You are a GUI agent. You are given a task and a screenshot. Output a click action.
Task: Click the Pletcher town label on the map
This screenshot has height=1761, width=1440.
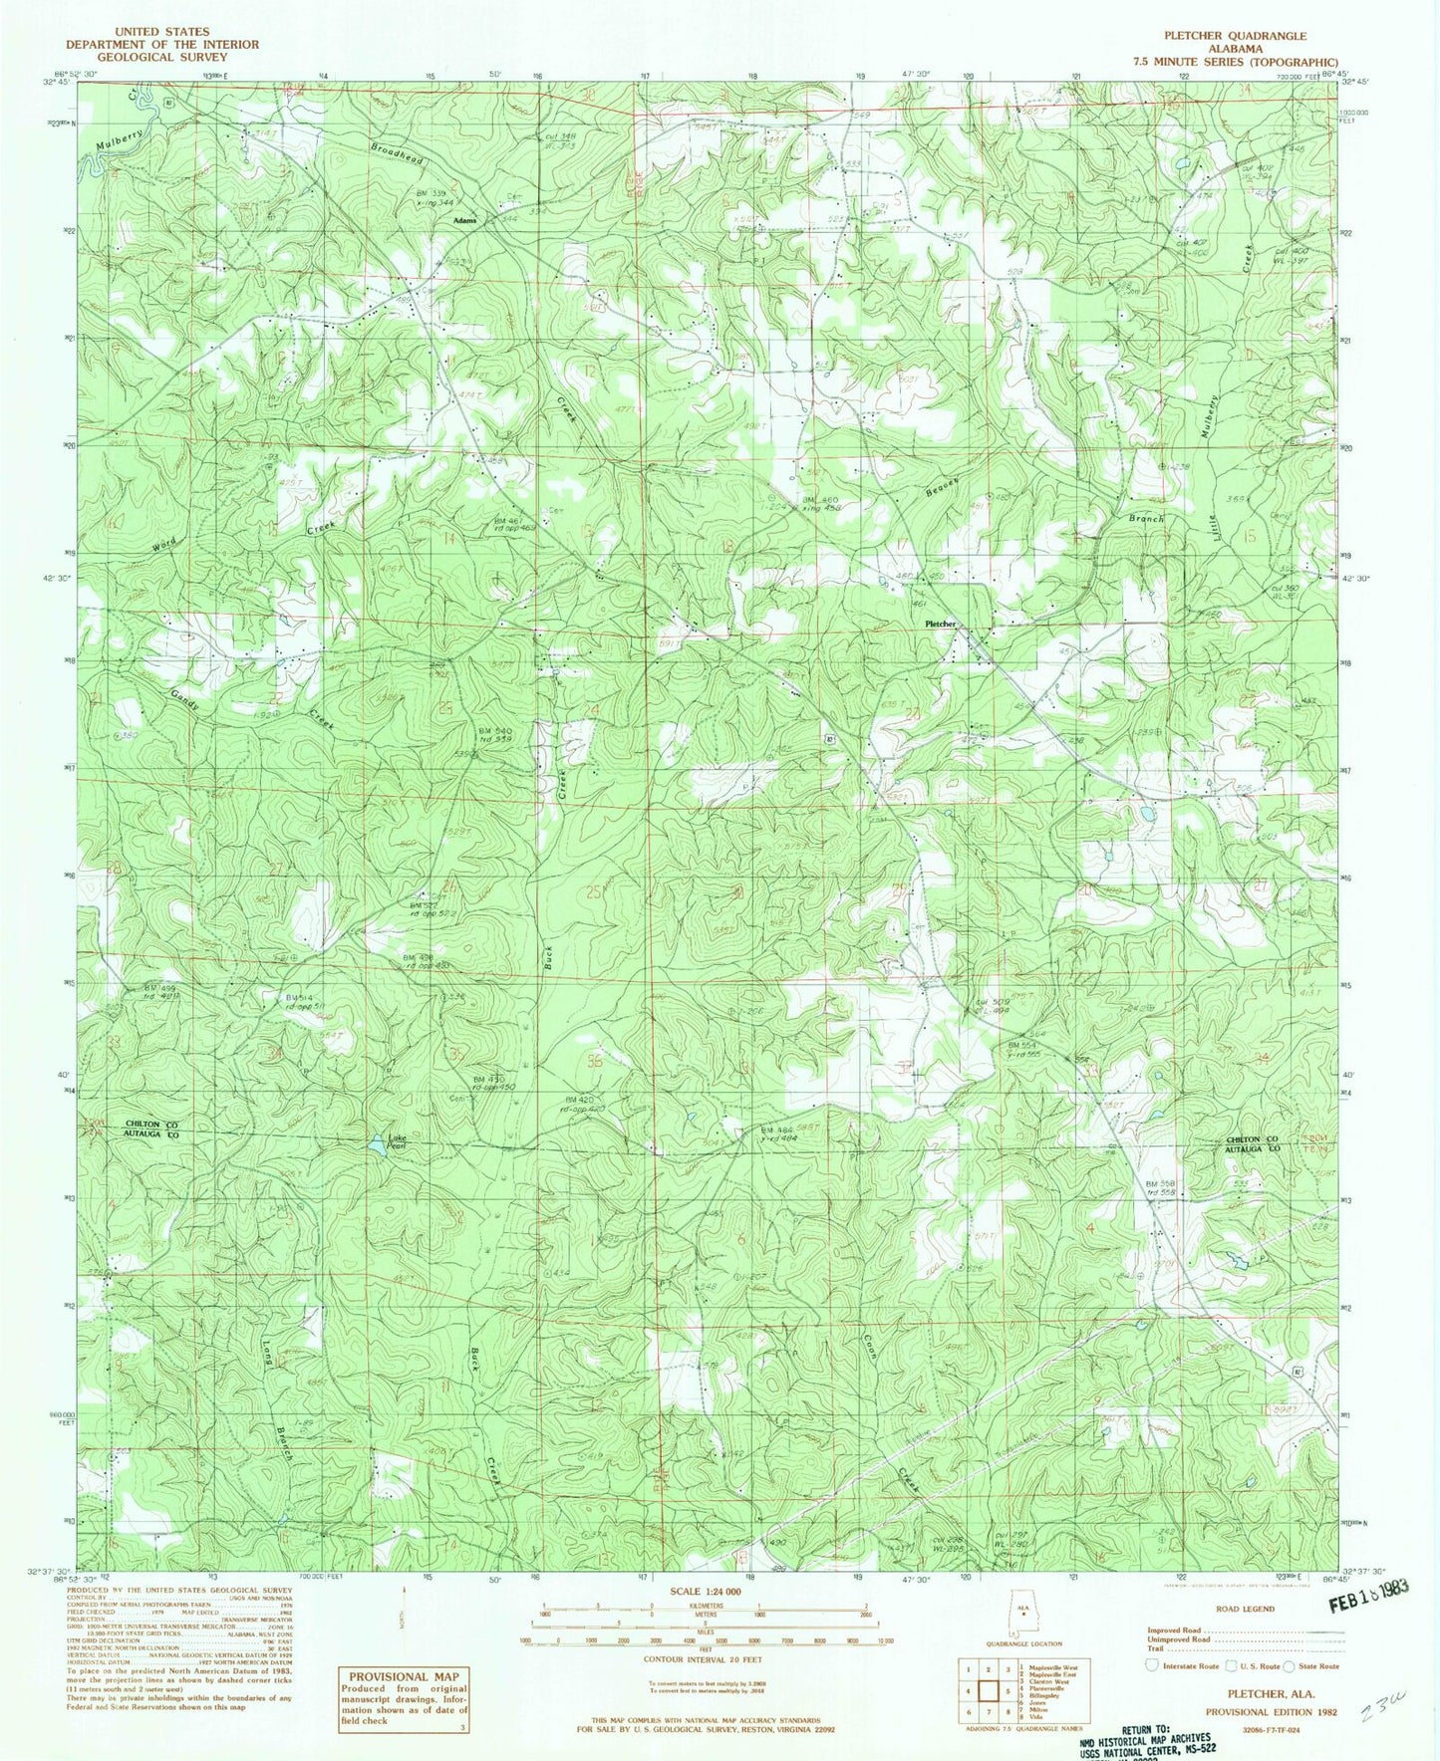(940, 624)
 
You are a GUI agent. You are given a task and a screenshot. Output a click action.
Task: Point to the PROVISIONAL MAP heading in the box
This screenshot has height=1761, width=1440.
(403, 1676)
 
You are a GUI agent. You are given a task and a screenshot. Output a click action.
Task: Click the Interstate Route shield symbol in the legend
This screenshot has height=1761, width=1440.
(1152, 1665)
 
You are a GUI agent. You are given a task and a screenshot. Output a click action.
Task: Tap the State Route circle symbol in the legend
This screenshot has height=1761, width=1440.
(1289, 1665)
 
